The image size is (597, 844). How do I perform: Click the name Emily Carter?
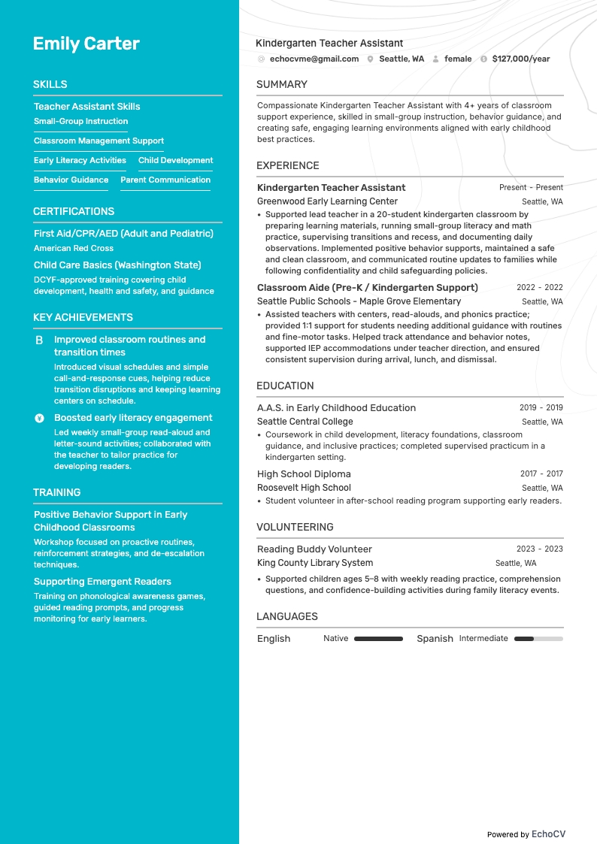pyautogui.click(x=86, y=44)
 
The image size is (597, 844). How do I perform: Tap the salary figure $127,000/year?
pyautogui.click(x=520, y=59)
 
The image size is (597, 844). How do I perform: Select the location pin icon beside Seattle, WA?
pyautogui.click(x=370, y=59)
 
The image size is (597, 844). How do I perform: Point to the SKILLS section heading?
pyautogui.click(x=50, y=85)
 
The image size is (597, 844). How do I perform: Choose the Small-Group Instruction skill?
pyautogui.click(x=80, y=121)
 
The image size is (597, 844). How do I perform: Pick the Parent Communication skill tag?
pyautogui.click(x=165, y=180)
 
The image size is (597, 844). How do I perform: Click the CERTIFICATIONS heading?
pyautogui.click(x=74, y=212)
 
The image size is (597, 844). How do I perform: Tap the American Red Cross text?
pyautogui.click(x=74, y=248)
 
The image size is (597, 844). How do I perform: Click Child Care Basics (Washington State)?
pyautogui.click(x=117, y=265)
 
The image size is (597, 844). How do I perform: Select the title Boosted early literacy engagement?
pyautogui.click(x=133, y=418)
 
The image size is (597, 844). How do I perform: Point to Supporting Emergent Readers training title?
pyautogui.click(x=102, y=582)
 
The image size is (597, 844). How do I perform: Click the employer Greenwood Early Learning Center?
pyautogui.click(x=327, y=201)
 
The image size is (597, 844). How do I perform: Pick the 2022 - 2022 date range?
pyautogui.click(x=539, y=287)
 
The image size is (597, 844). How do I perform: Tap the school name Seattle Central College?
pyautogui.click(x=305, y=422)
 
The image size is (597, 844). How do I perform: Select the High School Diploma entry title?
pyautogui.click(x=304, y=474)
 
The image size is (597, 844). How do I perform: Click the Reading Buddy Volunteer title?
pyautogui.click(x=314, y=549)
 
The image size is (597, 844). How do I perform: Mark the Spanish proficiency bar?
pyautogui.click(x=538, y=639)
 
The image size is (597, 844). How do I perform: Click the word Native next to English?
pyautogui.click(x=335, y=638)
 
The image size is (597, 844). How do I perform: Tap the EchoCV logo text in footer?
pyautogui.click(x=548, y=834)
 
